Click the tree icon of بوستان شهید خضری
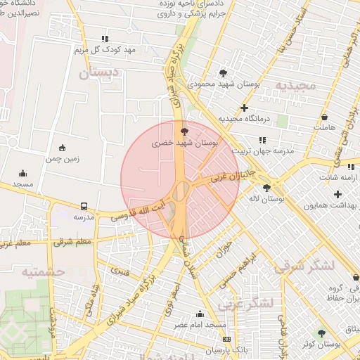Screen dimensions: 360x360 tap(185, 131)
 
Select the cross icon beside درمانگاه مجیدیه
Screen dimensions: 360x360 tap(244, 108)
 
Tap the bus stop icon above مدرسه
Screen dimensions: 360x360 tap(84, 207)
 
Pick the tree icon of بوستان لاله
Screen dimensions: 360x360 tap(266, 188)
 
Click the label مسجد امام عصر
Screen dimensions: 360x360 tap(201, 324)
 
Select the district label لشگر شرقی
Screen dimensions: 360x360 tap(306, 266)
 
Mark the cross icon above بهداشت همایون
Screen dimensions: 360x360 tap(338, 194)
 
